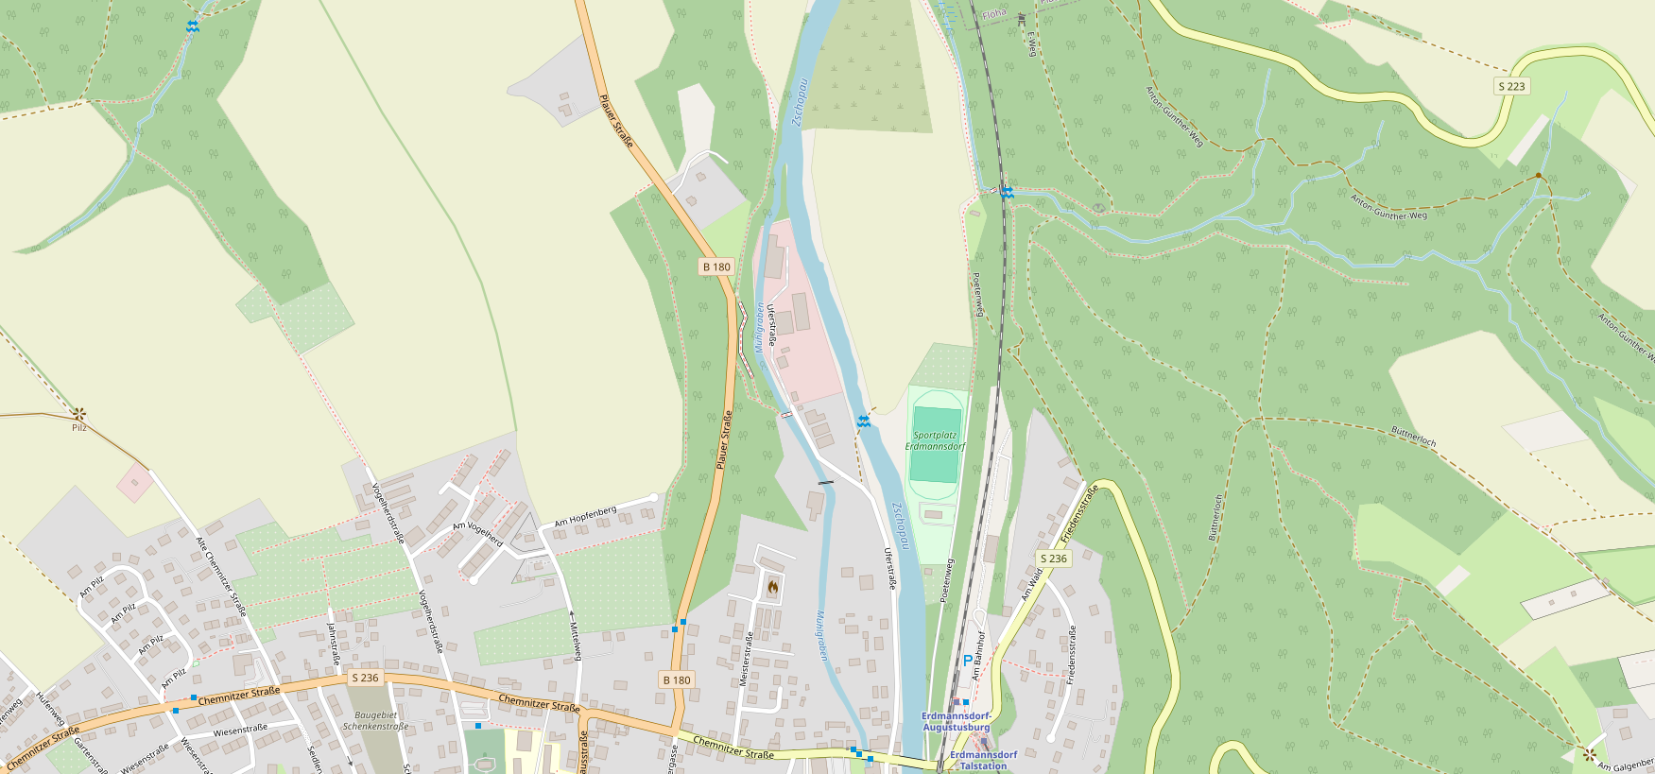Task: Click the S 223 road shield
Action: (x=1511, y=86)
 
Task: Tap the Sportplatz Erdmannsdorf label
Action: (x=935, y=441)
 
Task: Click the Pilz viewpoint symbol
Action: (x=79, y=413)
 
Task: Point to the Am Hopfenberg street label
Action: (x=585, y=516)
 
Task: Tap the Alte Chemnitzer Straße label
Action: (x=220, y=576)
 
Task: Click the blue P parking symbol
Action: (x=967, y=661)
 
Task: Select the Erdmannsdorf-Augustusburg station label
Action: (x=956, y=722)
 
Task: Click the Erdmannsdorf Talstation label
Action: (x=983, y=761)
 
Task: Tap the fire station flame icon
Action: (x=772, y=588)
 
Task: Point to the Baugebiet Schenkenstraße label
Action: (x=375, y=721)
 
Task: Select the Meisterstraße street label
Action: (x=745, y=659)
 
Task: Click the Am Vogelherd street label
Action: (x=477, y=534)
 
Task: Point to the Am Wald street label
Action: (x=1031, y=584)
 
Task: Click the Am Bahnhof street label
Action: (x=979, y=655)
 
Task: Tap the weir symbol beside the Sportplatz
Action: (x=863, y=421)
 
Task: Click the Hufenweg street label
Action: (x=49, y=708)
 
